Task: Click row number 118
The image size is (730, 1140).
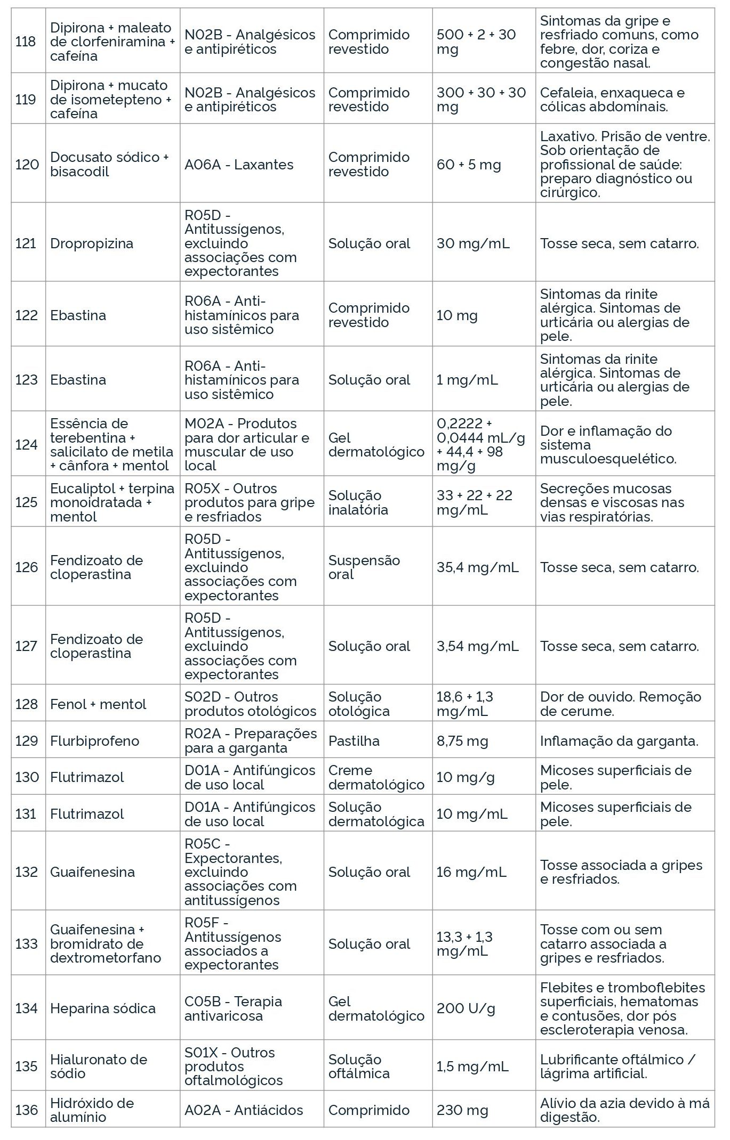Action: coord(26,42)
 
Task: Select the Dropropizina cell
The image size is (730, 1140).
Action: coord(91,243)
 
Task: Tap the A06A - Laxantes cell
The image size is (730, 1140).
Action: coord(239,165)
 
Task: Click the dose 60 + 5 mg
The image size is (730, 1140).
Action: coord(469,165)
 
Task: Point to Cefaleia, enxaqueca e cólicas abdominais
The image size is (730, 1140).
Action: coord(612,100)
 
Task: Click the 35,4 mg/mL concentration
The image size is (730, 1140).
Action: coord(477,567)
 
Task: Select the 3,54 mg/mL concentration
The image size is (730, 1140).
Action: coord(477,646)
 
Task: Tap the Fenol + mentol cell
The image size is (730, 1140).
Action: coord(98,704)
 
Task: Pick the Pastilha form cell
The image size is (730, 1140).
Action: coord(354,741)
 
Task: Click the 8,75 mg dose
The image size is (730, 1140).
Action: coord(462,741)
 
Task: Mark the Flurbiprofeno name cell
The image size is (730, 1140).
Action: coord(94,741)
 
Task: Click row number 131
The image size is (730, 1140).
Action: coord(26,814)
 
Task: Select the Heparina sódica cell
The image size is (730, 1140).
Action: coord(102,1008)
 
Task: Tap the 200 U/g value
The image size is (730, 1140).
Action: coord(466,1008)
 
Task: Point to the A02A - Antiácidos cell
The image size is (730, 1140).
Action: coord(243,1110)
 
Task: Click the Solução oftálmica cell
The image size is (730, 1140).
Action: coord(359,1066)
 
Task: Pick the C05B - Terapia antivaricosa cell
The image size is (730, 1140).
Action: coord(233,1008)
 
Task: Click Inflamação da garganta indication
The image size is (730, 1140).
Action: coord(619,741)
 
